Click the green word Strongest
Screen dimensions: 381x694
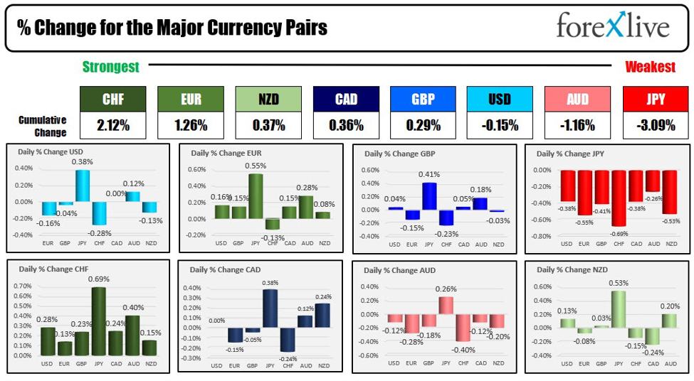click(x=110, y=67)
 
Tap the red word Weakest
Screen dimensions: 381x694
click(x=650, y=67)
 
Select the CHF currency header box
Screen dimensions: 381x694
click(x=112, y=100)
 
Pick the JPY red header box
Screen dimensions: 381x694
click(x=656, y=100)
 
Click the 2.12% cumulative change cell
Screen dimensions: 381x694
click(x=112, y=125)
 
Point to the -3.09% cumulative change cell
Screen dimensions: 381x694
click(x=656, y=125)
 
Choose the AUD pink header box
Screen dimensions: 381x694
click(x=577, y=100)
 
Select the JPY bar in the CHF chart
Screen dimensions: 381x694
click(x=98, y=321)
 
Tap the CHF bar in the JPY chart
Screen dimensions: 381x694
click(x=618, y=198)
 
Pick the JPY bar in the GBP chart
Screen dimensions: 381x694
click(x=429, y=196)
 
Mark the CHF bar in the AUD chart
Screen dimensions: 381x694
click(x=463, y=327)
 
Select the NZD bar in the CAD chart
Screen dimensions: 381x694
click(x=322, y=315)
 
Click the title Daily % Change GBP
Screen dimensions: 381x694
click(x=399, y=154)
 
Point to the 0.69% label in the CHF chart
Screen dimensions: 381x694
click(x=98, y=279)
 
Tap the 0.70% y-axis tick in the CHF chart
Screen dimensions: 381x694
click(x=23, y=286)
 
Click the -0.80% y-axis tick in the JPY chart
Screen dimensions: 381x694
click(x=542, y=237)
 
